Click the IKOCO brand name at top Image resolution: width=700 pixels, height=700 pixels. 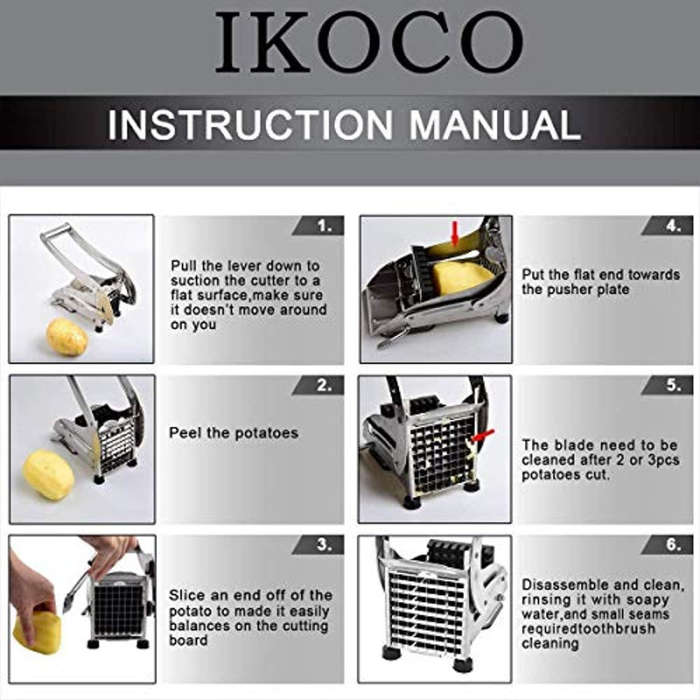369,42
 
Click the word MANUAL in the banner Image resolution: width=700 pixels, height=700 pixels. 495,125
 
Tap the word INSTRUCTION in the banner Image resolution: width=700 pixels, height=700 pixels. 250,125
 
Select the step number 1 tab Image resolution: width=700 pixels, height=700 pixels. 318,226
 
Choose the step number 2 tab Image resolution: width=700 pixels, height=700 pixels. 318,386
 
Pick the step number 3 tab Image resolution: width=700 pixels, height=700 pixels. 318,545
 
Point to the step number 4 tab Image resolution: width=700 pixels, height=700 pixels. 667,226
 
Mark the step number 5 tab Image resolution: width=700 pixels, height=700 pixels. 667,386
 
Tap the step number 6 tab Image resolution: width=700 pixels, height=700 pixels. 667,545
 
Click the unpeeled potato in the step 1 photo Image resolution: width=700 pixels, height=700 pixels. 67,337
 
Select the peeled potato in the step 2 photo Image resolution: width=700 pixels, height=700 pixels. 49,475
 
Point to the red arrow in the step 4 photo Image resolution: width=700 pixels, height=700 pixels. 455,234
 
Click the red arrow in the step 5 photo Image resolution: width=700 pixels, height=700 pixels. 482,436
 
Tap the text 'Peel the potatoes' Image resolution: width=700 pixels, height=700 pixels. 234,433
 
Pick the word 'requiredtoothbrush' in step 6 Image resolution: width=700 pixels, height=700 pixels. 588,628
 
